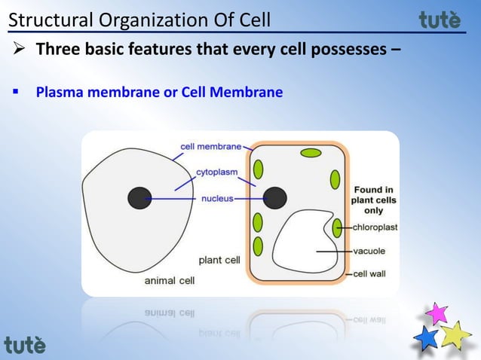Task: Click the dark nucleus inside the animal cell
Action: [139, 198]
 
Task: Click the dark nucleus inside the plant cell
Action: [274, 198]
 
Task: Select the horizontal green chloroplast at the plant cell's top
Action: [311, 154]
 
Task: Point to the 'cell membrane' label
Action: [210, 146]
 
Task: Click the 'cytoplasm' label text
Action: [216, 172]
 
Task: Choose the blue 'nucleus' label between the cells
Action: [216, 199]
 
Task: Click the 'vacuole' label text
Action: [369, 251]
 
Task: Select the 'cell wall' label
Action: [369, 274]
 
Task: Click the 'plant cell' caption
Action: [219, 261]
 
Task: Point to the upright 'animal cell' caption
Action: [169, 281]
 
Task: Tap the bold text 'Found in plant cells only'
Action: [373, 200]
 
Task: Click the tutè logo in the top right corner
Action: [440, 20]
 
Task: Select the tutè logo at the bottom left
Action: [25, 346]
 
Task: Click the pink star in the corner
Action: [436, 313]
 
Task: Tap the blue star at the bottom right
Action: [427, 337]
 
